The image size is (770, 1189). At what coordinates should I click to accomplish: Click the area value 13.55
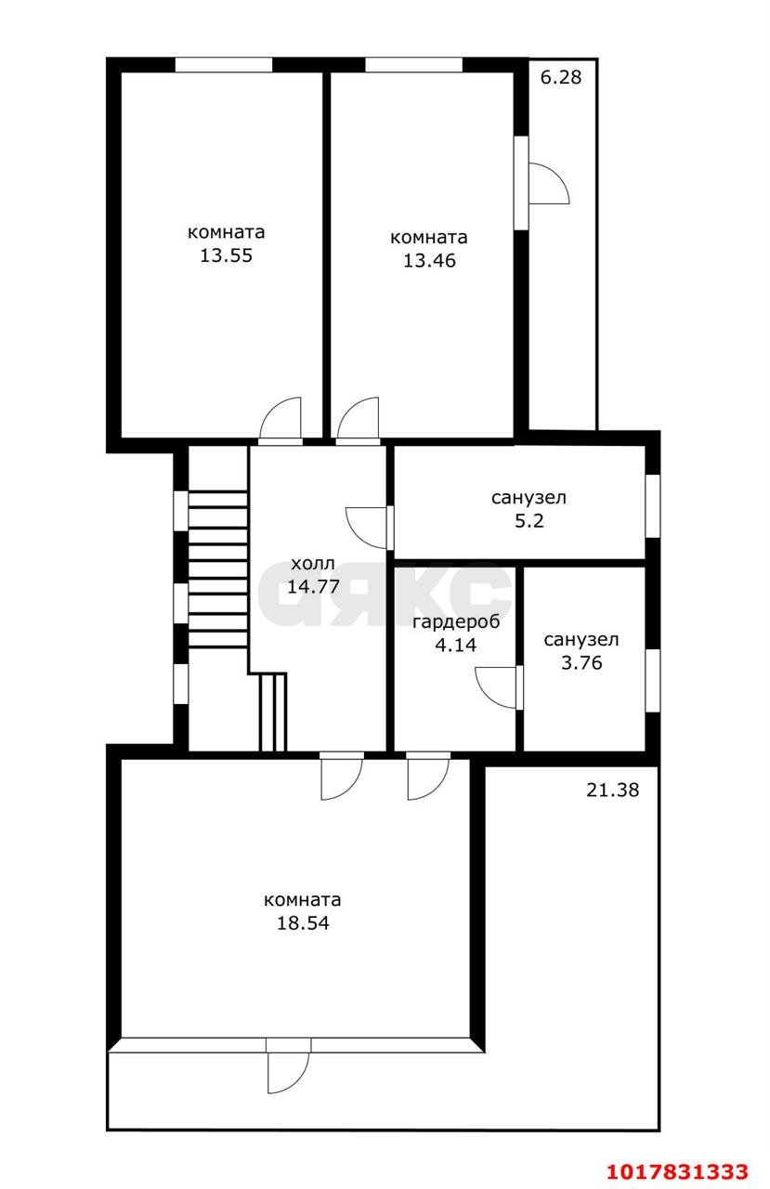point(226,255)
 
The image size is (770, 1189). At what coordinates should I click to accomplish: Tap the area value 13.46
point(429,261)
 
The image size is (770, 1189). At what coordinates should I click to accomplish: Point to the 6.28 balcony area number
point(560,77)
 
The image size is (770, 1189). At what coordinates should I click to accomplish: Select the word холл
point(313,563)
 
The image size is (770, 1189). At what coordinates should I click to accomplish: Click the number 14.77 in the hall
point(313,586)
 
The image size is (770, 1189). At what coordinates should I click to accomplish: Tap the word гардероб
point(456,622)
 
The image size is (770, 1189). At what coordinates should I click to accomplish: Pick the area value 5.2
point(529,521)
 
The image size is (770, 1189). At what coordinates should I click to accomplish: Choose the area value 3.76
point(581,663)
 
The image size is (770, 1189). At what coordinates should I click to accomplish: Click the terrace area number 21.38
point(612,790)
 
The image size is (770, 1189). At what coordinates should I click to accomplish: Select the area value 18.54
point(303,923)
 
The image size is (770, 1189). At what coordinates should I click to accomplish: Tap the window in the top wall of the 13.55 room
point(224,65)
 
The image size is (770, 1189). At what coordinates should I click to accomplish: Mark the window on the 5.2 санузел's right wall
point(653,506)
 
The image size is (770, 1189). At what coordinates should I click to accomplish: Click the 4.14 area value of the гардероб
point(455,645)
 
